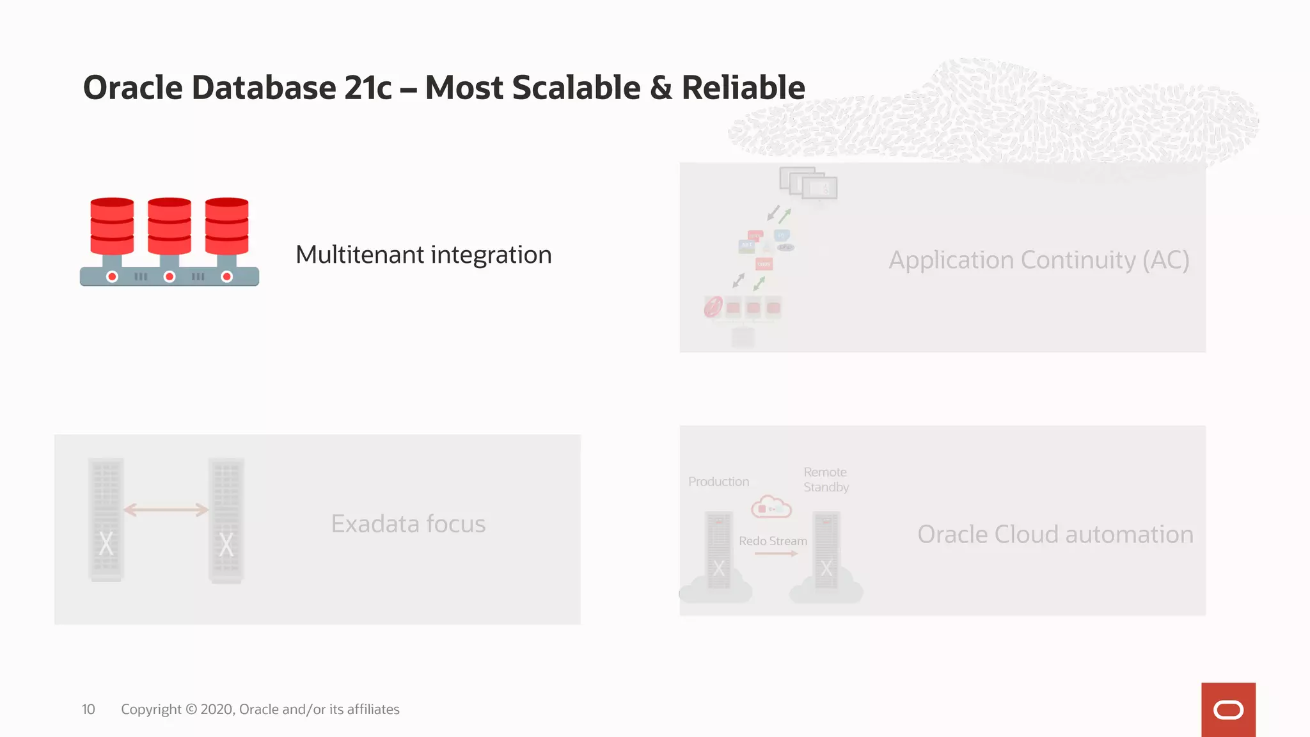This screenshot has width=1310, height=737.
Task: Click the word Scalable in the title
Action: click(576, 88)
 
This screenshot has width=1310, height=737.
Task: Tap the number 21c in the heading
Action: click(368, 88)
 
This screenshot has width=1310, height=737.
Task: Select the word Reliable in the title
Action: click(743, 88)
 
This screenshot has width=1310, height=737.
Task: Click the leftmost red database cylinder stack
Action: click(112, 227)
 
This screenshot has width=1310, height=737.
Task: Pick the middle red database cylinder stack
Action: click(170, 227)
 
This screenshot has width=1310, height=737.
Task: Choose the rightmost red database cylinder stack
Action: click(226, 227)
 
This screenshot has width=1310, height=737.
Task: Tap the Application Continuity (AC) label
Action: click(1039, 260)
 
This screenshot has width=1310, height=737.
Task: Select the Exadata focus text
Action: click(408, 524)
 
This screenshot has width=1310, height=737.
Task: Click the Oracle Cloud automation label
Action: click(1055, 534)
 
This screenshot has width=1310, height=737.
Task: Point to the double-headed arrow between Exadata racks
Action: click(166, 510)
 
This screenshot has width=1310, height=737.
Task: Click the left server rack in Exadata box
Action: click(106, 519)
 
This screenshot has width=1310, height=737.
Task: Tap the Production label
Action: click(718, 482)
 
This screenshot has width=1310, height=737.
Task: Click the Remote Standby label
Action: click(826, 480)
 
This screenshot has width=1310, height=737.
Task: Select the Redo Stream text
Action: click(773, 541)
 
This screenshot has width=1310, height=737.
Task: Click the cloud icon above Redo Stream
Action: click(771, 507)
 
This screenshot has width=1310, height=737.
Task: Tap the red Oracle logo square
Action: click(1227, 709)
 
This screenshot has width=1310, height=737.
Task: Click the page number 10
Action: click(88, 709)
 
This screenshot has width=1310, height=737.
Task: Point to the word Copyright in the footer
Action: click(151, 709)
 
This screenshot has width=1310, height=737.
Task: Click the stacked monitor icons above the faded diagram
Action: click(808, 184)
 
